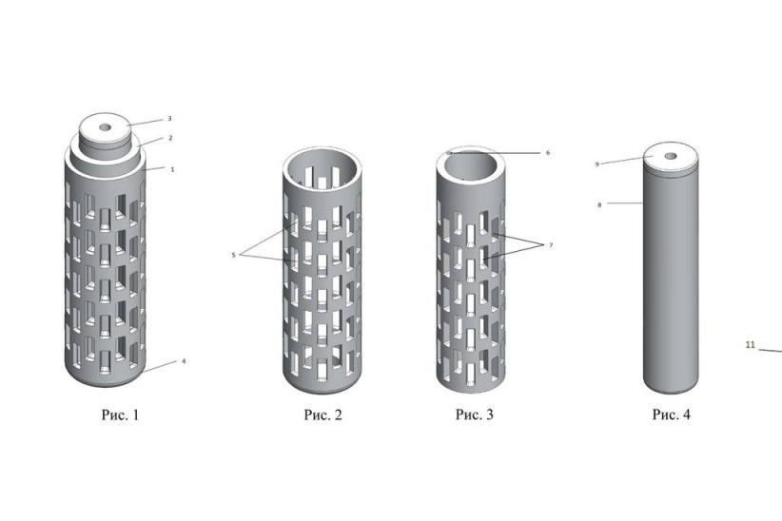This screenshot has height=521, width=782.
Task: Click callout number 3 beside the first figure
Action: coord(169,119)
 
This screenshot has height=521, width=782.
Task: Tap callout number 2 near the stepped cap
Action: coord(169,138)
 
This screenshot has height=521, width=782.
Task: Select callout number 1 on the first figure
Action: coord(172,169)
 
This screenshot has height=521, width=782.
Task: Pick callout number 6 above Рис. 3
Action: coord(548,152)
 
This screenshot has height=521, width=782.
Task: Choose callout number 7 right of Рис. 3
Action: coord(550,245)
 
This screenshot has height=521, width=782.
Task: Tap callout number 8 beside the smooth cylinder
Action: coord(599,203)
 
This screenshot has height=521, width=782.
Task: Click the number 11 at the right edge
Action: coord(750,346)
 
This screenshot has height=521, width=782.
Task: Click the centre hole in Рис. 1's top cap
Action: coord(105,126)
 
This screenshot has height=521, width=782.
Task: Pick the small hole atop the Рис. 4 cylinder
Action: coord(671,156)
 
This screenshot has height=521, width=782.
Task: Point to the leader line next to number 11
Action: coord(770,350)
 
